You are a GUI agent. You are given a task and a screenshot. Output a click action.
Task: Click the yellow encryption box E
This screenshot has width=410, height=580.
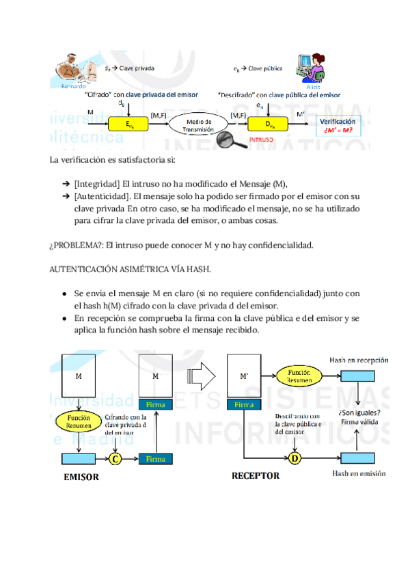(x=128, y=124)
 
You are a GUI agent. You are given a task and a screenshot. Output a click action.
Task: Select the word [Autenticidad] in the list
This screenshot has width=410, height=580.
(x=102, y=196)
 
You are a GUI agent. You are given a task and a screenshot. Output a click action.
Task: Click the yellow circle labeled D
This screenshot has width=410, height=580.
(x=295, y=459)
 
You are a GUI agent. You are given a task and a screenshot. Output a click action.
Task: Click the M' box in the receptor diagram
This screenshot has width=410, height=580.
(x=245, y=376)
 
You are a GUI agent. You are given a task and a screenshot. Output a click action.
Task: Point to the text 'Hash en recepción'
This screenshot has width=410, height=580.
(x=359, y=359)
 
